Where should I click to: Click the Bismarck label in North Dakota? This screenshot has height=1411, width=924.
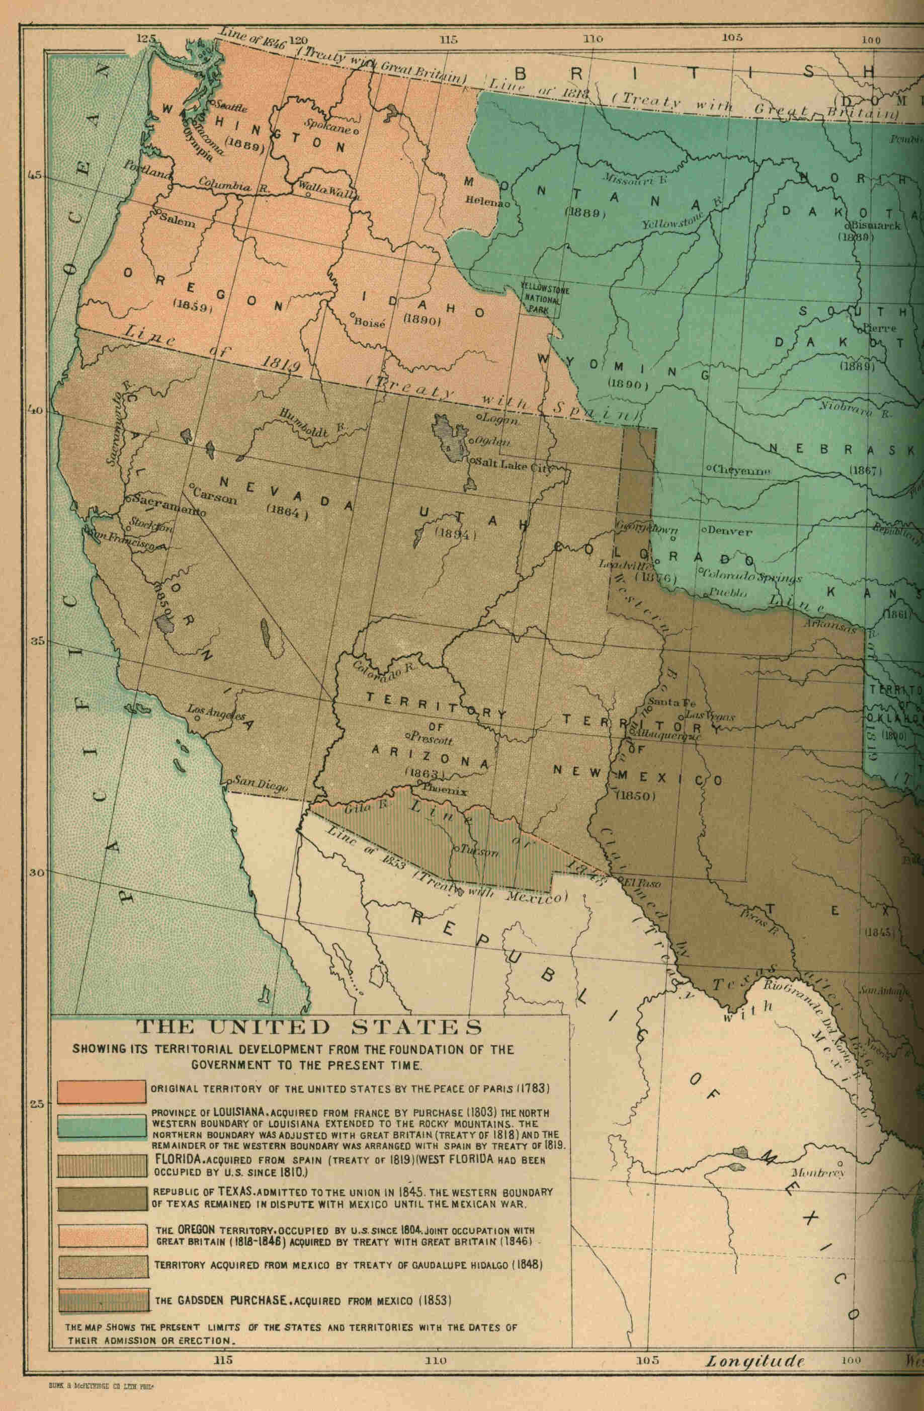[x=877, y=225]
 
